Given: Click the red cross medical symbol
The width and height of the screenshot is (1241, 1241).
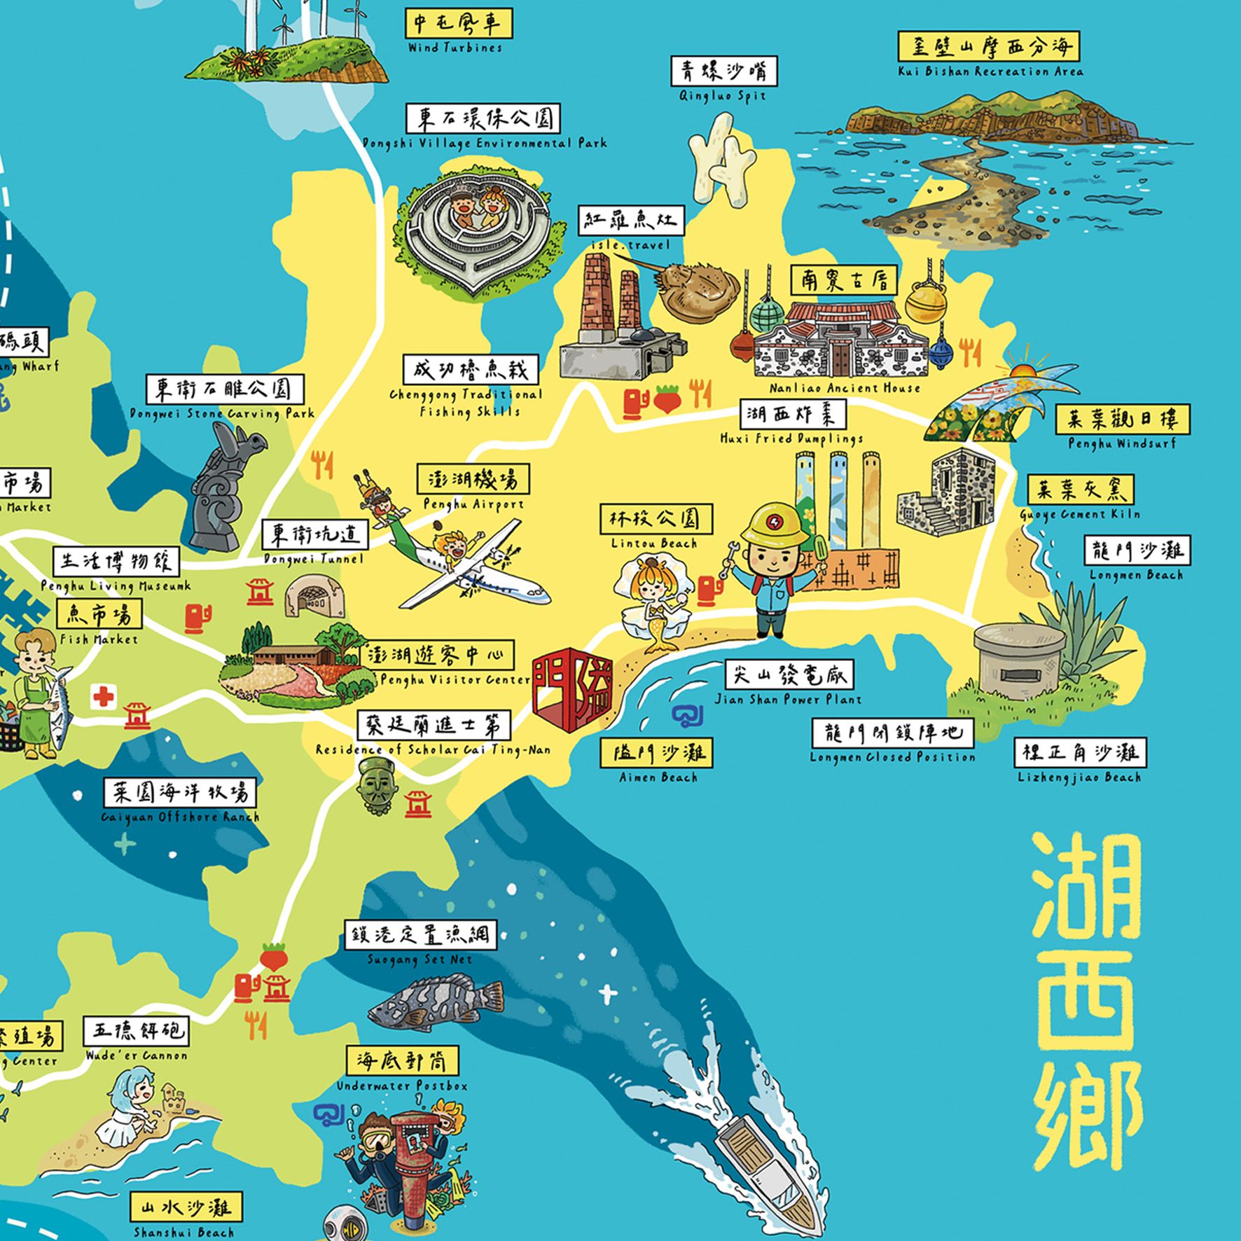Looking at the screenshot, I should [104, 696].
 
